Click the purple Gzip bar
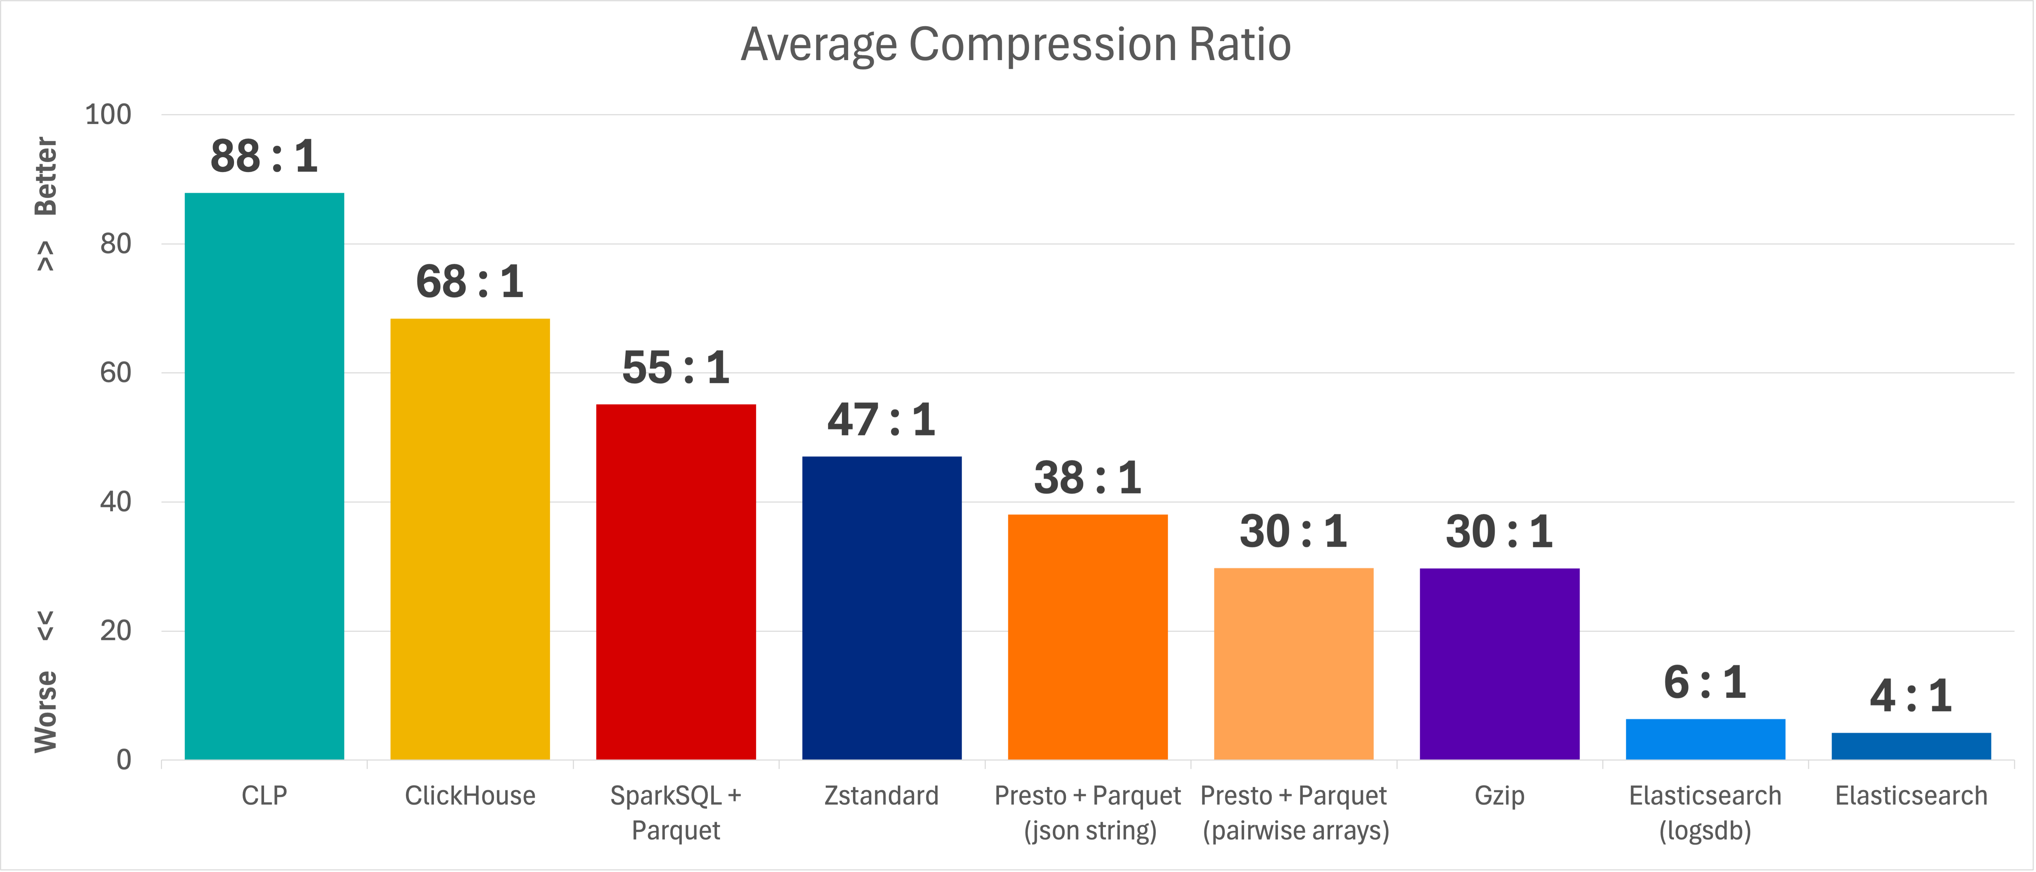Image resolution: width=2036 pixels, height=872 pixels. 1499,664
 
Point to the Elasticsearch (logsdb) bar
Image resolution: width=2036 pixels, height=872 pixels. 1705,739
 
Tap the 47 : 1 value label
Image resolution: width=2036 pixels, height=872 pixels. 881,420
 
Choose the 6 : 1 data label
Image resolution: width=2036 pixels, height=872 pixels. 1705,682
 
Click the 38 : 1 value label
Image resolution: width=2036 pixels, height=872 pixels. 1087,478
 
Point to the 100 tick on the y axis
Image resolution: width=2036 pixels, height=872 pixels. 108,115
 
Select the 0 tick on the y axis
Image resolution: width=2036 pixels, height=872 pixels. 124,760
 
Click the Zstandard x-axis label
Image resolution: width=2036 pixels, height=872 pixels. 881,795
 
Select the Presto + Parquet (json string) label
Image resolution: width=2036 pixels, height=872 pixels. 1087,813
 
